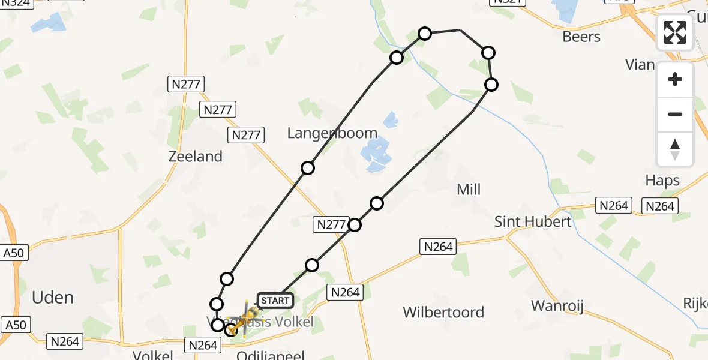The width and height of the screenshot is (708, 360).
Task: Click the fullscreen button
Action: pos(675,32)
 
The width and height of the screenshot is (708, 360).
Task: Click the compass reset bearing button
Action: pos(675,149)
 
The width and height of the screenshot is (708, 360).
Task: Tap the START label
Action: pos(275,300)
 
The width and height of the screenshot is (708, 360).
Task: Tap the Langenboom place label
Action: pos(332,133)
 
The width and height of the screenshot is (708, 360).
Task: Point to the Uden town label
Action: pos(53,298)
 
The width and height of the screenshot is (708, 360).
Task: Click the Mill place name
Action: pos(469,190)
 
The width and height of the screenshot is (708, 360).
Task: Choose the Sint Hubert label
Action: pos(533,221)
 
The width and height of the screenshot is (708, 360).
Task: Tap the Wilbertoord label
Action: pos(443,312)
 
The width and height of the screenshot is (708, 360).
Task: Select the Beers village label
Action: pos(581,37)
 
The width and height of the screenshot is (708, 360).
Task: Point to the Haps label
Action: pos(662,181)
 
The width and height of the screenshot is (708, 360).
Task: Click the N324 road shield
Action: pos(17,2)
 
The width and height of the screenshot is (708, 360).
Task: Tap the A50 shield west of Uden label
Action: pos(13,253)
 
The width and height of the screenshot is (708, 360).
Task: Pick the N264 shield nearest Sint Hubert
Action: pos(613,206)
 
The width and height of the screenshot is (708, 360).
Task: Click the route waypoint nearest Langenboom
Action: pos(308,168)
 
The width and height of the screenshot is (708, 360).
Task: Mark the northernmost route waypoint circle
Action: pos(425,33)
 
